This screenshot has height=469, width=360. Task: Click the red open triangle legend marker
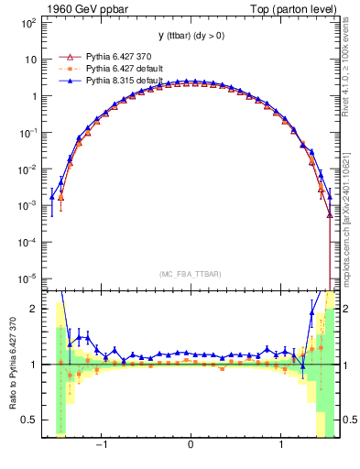point(64,57)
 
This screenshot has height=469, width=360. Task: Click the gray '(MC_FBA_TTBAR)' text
point(190,274)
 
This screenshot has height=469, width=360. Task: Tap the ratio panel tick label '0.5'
point(27,420)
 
